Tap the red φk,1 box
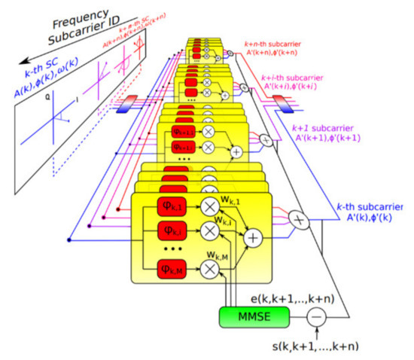169,205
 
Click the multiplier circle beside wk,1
211,205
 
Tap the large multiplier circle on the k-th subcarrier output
299,218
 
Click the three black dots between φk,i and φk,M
169,248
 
